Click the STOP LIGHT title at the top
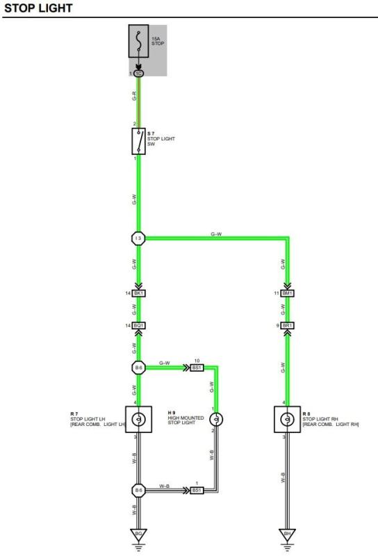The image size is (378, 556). coord(38,8)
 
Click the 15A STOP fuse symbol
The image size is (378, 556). coord(139,41)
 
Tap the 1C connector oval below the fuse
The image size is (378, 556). coord(139,74)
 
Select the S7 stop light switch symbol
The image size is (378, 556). coord(139,141)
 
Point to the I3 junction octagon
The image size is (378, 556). coord(138,238)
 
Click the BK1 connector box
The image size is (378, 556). coord(139,293)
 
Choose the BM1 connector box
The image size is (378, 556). coord(287,293)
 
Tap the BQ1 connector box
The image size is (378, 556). coord(139,325)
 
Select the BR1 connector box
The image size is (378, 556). coord(287,325)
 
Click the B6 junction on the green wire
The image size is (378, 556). coord(138,368)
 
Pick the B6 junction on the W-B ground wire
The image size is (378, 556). coord(138,491)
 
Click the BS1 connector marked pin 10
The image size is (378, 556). coord(197,368)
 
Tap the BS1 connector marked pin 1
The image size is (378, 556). coord(197,491)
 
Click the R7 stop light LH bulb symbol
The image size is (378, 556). coord(139,420)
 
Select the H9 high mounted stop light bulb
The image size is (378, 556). coord(216,420)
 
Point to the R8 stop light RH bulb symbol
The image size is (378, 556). coord(287,420)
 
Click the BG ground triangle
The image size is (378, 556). coord(139,534)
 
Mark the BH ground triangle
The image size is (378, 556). coord(287,534)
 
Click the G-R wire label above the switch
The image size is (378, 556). coord(134,96)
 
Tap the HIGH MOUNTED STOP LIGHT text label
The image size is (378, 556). coord(186,420)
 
